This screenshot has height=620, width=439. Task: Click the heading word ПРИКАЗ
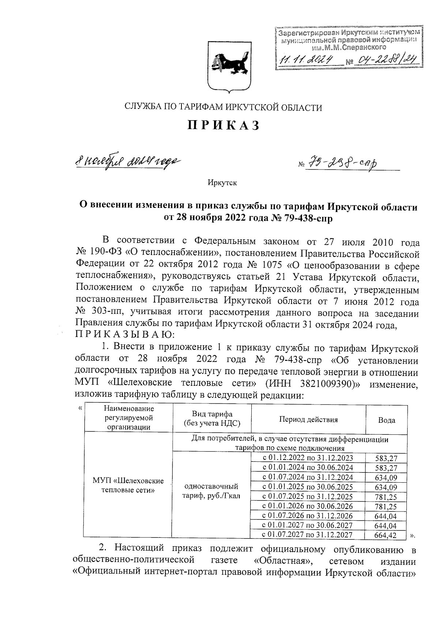point(224,125)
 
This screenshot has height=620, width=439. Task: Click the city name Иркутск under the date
point(222,183)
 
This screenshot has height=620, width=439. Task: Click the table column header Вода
point(386,420)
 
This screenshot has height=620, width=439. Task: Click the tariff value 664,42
point(386,536)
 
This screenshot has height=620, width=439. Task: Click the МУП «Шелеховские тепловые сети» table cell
point(128,485)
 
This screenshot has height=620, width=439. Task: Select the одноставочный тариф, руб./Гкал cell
point(212,491)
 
